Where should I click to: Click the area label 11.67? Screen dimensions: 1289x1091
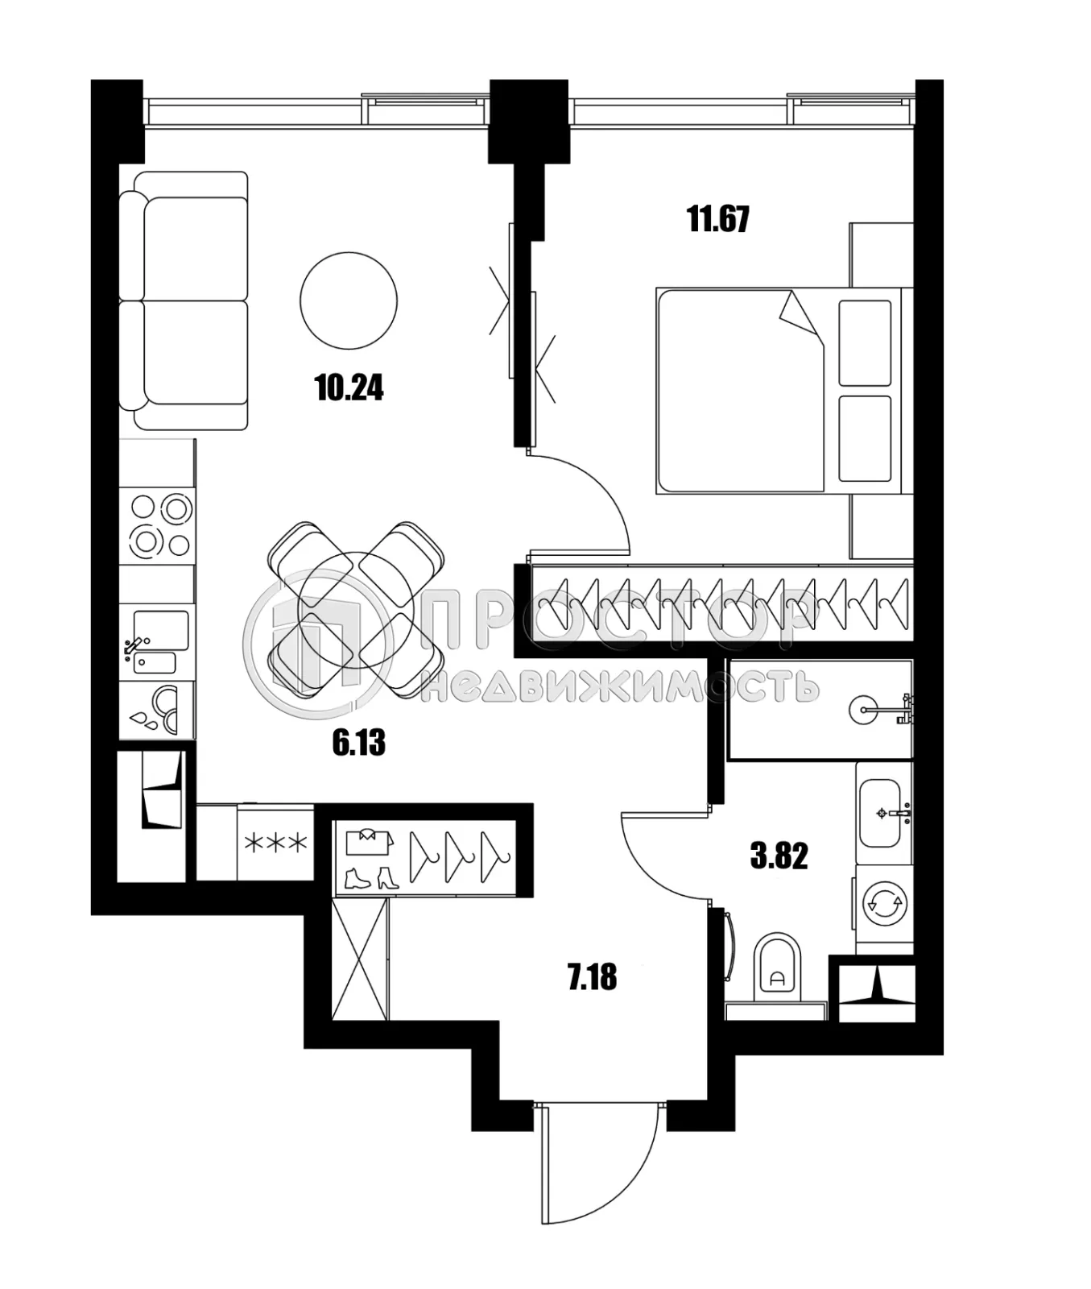(718, 219)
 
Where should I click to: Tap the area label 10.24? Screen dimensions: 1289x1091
(349, 388)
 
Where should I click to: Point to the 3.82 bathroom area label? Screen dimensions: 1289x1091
(779, 856)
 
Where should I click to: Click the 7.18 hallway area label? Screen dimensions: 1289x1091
(592, 977)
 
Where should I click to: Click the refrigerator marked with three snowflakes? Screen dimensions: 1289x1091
(275, 843)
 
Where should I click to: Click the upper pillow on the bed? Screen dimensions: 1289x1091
(865, 343)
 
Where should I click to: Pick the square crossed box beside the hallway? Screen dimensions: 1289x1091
(360, 959)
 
